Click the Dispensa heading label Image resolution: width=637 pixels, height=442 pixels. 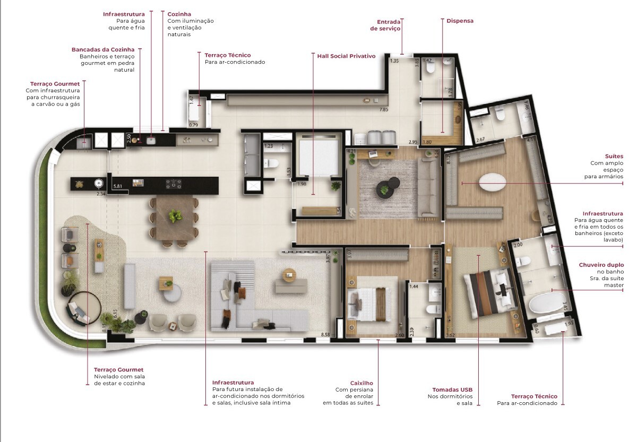460,21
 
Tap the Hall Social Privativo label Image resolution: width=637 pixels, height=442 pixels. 346,56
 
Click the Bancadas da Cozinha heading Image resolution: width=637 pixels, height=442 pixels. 103,49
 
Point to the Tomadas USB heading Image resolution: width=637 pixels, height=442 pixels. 452,389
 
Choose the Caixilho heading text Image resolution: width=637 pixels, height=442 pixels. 361,383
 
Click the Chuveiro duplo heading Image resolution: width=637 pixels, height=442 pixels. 601,265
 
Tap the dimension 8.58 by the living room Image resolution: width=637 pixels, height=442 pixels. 325,335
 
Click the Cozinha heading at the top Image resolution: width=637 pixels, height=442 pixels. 179,14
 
